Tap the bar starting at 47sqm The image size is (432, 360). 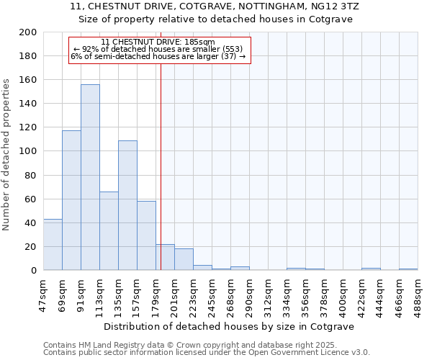[x=53, y=244]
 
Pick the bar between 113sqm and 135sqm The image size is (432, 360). [x=109, y=230]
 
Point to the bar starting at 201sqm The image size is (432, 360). [x=184, y=259]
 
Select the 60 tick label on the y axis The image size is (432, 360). [x=30, y=199]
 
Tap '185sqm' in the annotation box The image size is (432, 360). [x=200, y=42]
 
